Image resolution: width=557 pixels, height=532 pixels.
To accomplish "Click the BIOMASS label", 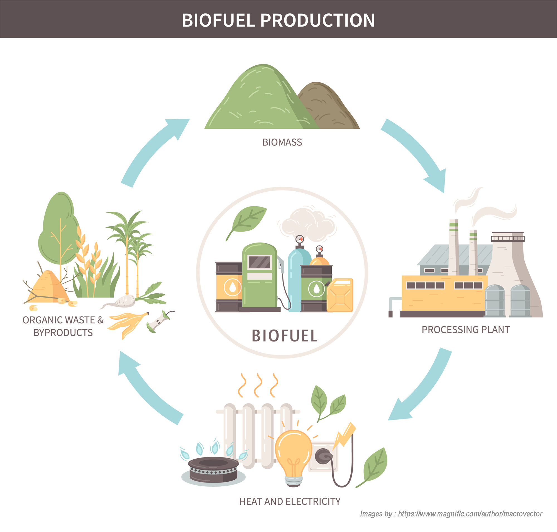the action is click(282, 142).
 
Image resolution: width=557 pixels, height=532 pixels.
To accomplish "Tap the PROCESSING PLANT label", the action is click(466, 330).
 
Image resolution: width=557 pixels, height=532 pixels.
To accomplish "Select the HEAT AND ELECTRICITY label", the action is click(290, 501).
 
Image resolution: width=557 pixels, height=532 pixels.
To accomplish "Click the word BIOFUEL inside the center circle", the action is click(285, 336).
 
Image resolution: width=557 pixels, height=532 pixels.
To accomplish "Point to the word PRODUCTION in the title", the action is click(317, 20).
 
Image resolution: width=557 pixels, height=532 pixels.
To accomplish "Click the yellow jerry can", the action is click(340, 295).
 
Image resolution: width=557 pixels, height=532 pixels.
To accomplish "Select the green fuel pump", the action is click(260, 276).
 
